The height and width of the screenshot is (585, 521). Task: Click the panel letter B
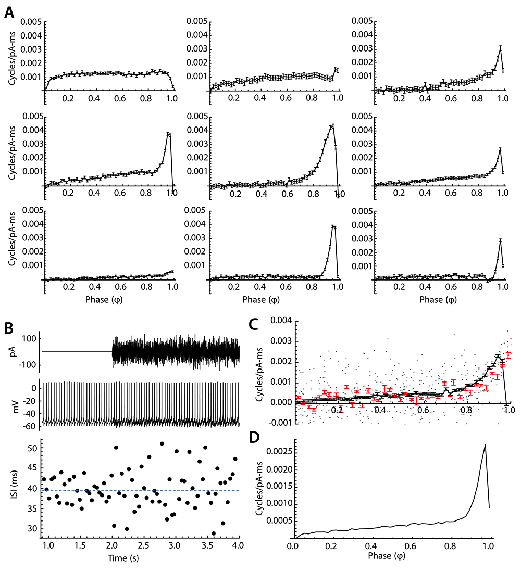pyautogui.click(x=9, y=328)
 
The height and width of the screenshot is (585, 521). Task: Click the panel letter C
pyautogui.click(x=267, y=323)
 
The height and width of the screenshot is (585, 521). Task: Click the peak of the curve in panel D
pyautogui.click(x=485, y=444)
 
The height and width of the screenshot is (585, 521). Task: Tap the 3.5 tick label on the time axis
pyautogui.click(x=207, y=546)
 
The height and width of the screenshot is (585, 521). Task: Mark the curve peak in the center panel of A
pyautogui.click(x=332, y=125)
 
